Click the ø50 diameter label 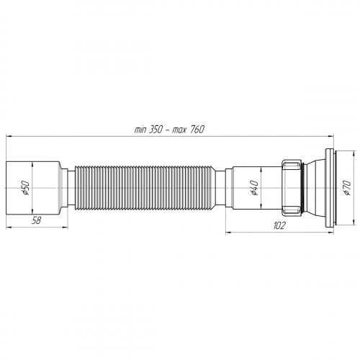[x=24, y=189]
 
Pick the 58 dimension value [x=36, y=221]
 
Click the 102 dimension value [x=280, y=225]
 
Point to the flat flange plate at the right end [x=330, y=189]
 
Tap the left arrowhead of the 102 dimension [x=229, y=232]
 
